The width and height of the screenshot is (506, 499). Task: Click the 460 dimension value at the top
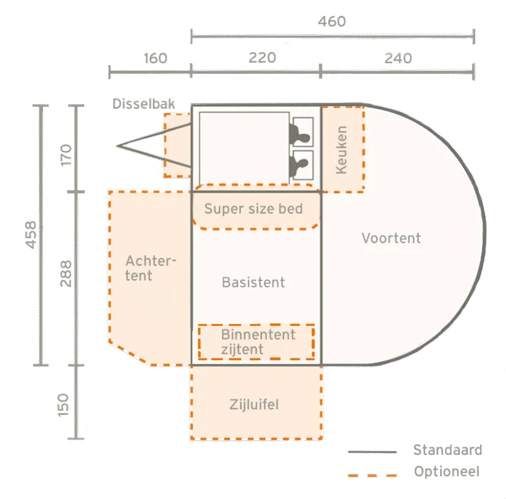point(331,21)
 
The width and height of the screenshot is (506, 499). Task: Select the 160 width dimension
point(156,58)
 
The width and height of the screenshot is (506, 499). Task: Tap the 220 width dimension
point(262,58)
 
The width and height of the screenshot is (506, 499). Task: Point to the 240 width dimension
point(398,58)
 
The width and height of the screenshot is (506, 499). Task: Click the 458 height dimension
point(31,234)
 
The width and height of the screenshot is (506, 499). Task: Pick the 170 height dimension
point(66,155)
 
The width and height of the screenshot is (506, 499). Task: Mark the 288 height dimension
point(66,274)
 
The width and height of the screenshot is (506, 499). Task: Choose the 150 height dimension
point(63,405)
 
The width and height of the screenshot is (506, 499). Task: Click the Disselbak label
point(144,104)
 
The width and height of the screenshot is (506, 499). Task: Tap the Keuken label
point(341,150)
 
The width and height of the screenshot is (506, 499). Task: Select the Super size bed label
point(254,208)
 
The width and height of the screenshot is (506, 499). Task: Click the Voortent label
point(391,238)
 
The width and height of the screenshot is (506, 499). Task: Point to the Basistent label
point(254,282)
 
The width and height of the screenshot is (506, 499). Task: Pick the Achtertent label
point(151,268)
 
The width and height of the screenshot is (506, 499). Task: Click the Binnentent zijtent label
point(258,342)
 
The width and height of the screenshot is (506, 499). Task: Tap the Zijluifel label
point(254,404)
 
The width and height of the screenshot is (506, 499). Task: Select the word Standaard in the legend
point(448,450)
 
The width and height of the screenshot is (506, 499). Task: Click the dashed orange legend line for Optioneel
point(373,475)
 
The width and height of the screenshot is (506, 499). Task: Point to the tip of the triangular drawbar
point(117,146)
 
